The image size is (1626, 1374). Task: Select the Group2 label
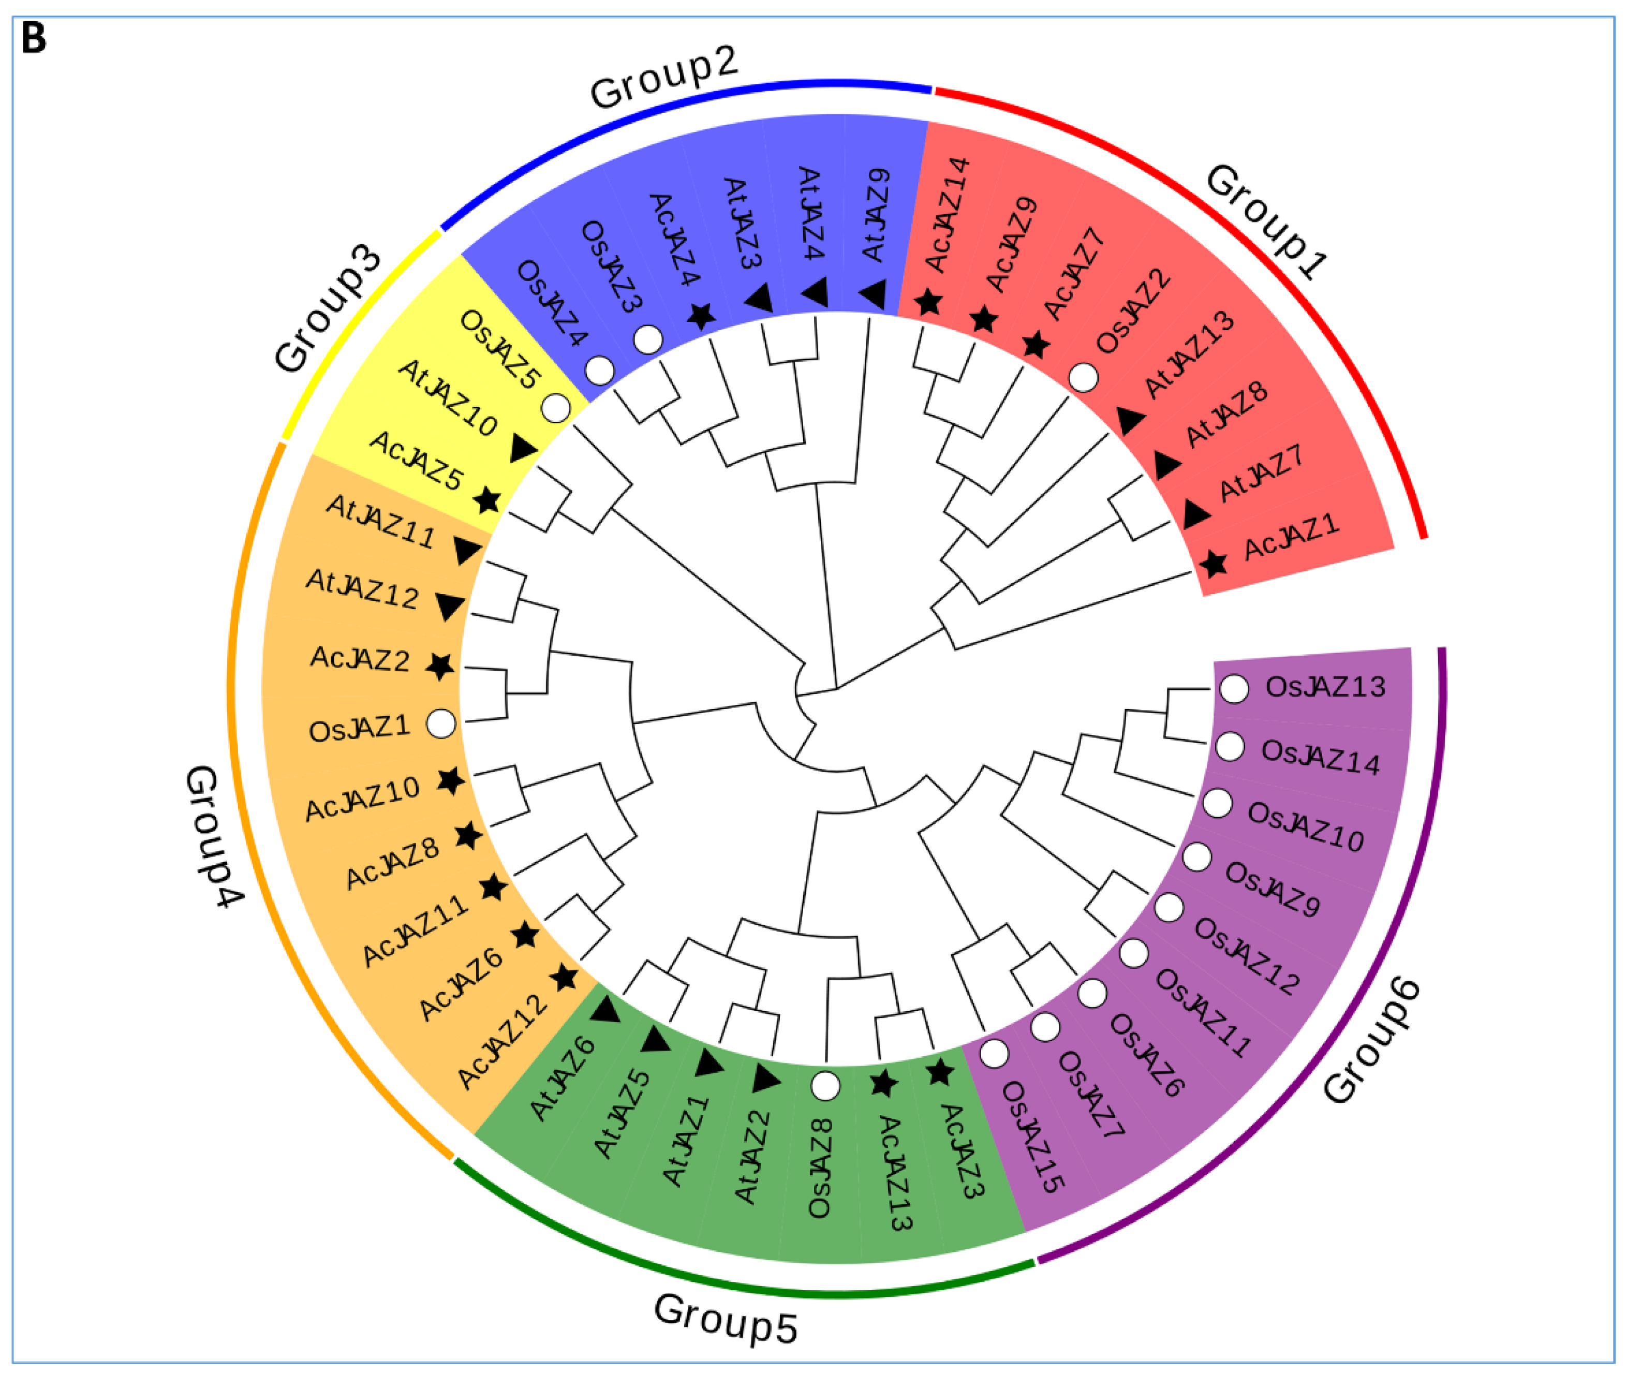coord(663,78)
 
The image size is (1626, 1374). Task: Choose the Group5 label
coord(726,1319)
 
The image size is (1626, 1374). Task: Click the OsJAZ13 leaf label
coord(1325,687)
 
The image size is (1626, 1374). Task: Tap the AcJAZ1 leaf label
coord(1291,538)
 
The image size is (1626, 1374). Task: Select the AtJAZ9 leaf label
coord(877,214)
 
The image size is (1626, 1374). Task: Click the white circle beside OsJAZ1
coord(441,723)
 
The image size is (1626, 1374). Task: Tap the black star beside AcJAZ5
coord(487,500)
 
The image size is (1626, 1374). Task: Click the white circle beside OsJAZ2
coord(1083,378)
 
